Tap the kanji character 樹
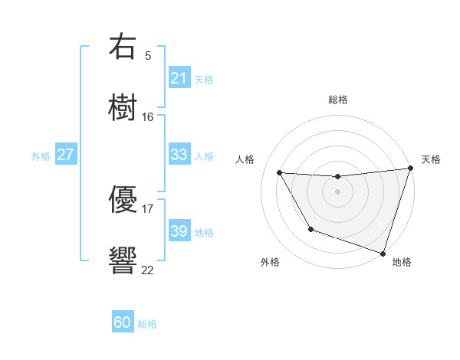click(123, 107)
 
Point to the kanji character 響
click(123, 260)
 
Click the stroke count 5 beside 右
click(148, 55)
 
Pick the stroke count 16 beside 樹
click(148, 116)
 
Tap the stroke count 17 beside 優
click(148, 208)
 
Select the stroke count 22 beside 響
click(148, 269)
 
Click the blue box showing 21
click(179, 78)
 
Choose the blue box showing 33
click(179, 155)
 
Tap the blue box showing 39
click(179, 231)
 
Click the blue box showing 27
click(65, 155)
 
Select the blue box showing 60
click(123, 323)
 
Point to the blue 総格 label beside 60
click(147, 324)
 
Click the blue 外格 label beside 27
click(41, 155)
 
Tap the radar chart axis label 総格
click(338, 100)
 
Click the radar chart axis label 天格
click(431, 159)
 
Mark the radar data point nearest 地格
click(383, 253)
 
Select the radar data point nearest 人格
click(280, 173)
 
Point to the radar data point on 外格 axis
click(310, 229)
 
